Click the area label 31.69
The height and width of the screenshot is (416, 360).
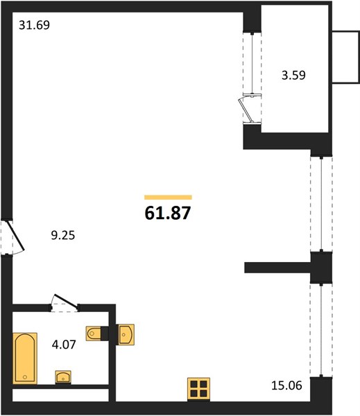34,25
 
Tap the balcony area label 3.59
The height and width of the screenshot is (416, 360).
293,76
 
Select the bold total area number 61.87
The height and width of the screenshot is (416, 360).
168,213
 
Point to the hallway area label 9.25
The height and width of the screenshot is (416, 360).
63,235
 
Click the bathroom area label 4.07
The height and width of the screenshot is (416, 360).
64,345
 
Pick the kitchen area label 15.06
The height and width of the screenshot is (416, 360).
286,385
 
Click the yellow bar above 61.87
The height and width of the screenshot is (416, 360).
168,197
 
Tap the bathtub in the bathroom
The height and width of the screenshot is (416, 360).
25,358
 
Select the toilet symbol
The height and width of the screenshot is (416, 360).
94,333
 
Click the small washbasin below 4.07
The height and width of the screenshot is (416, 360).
63,377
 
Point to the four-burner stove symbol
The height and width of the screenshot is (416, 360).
198,389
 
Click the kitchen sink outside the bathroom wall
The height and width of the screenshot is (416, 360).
126,334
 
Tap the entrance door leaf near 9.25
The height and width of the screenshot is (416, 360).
15,236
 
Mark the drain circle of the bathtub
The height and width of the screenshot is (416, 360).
25,376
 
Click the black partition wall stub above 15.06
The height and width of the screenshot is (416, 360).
277,268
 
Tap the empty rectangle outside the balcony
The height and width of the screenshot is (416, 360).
346,58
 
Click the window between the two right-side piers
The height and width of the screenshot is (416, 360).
321,204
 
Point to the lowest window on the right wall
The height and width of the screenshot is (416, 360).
321,330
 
